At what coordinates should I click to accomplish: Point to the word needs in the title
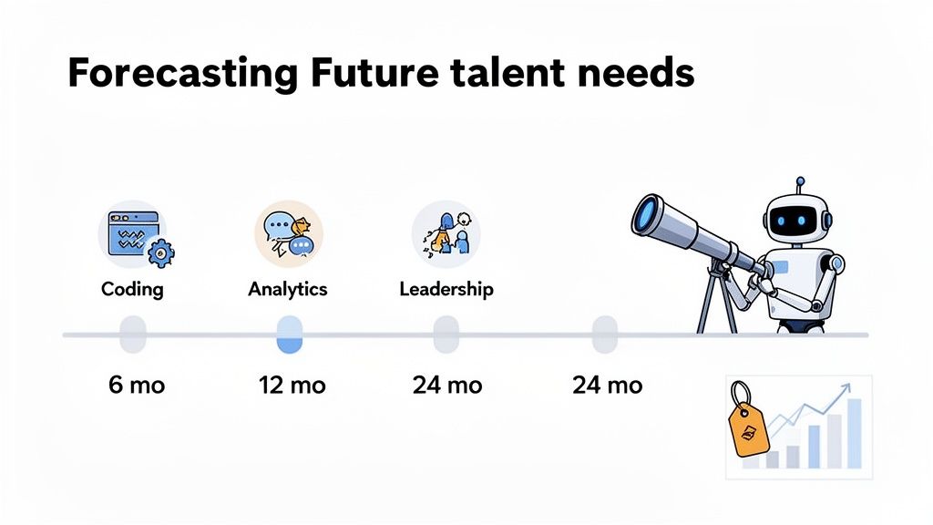(639, 73)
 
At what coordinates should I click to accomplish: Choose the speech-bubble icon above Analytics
(288, 234)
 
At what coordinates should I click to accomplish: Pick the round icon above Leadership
(446, 234)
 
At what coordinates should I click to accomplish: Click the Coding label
(132, 290)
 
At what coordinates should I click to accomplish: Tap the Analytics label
(288, 290)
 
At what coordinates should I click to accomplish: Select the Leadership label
(446, 290)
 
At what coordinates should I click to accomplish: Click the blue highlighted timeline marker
(289, 335)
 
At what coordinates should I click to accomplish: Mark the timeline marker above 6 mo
(133, 335)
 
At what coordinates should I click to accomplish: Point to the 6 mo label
(137, 385)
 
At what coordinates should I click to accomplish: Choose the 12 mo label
(293, 385)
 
